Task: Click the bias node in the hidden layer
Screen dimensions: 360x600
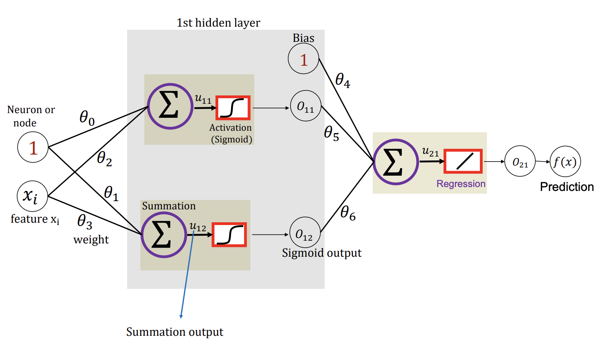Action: (x=304, y=59)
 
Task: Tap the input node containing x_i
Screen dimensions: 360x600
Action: (x=32, y=196)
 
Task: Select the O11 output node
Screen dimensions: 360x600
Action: (x=305, y=106)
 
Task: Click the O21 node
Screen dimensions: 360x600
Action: (x=520, y=161)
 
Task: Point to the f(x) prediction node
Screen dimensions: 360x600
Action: (x=565, y=162)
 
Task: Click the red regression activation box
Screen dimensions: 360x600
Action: (x=463, y=161)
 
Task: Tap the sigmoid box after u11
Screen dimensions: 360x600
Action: (x=233, y=108)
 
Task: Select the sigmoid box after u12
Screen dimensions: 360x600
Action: (x=229, y=235)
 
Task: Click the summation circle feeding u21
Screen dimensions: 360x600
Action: (x=395, y=162)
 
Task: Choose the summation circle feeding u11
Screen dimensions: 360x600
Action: (x=170, y=106)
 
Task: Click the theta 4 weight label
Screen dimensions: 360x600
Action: (x=343, y=80)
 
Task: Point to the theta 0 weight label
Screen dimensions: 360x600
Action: (x=87, y=117)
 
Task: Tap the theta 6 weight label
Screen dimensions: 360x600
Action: (x=348, y=213)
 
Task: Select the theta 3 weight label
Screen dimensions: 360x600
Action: (x=85, y=222)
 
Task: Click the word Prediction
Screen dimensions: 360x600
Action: (x=567, y=187)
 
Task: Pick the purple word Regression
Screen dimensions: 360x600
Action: (x=461, y=184)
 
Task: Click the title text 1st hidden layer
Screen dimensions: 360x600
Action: (x=218, y=23)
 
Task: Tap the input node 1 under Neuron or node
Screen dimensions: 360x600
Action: (x=33, y=148)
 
